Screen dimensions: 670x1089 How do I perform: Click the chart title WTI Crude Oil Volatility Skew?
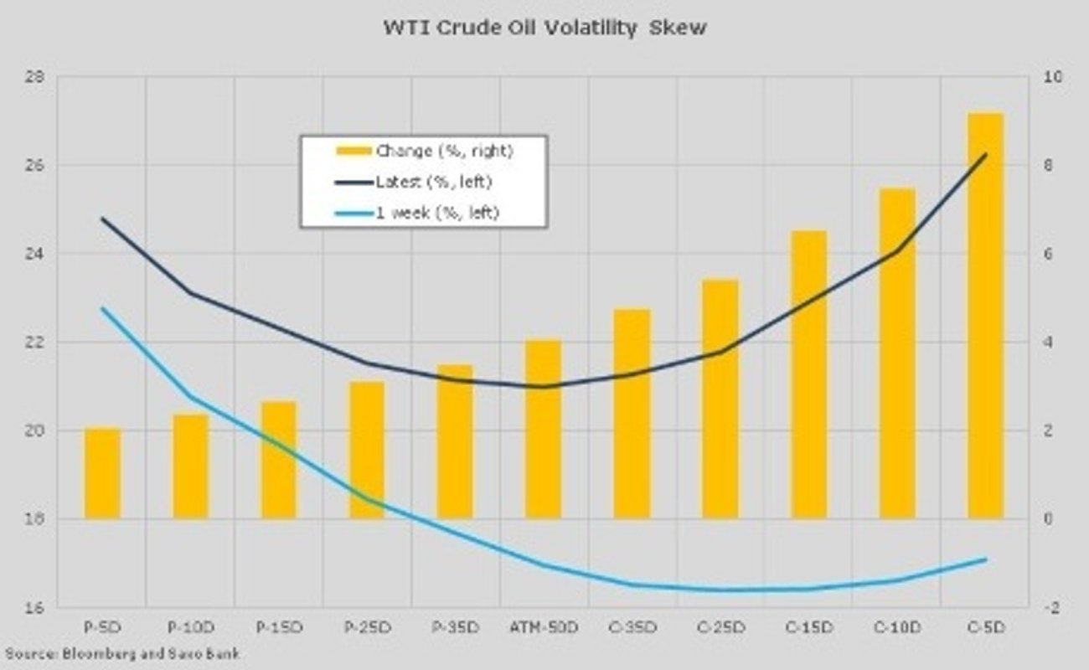point(544,28)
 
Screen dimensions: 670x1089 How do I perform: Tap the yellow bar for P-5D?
point(103,474)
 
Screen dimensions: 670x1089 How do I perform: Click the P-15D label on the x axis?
point(278,627)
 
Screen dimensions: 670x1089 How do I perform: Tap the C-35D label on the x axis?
point(632,627)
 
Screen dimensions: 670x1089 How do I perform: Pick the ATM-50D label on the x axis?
point(544,627)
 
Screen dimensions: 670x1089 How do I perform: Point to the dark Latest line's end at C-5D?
point(985,155)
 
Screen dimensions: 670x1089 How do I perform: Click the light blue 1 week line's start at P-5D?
point(103,308)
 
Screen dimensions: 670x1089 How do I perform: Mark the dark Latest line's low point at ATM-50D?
point(544,386)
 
